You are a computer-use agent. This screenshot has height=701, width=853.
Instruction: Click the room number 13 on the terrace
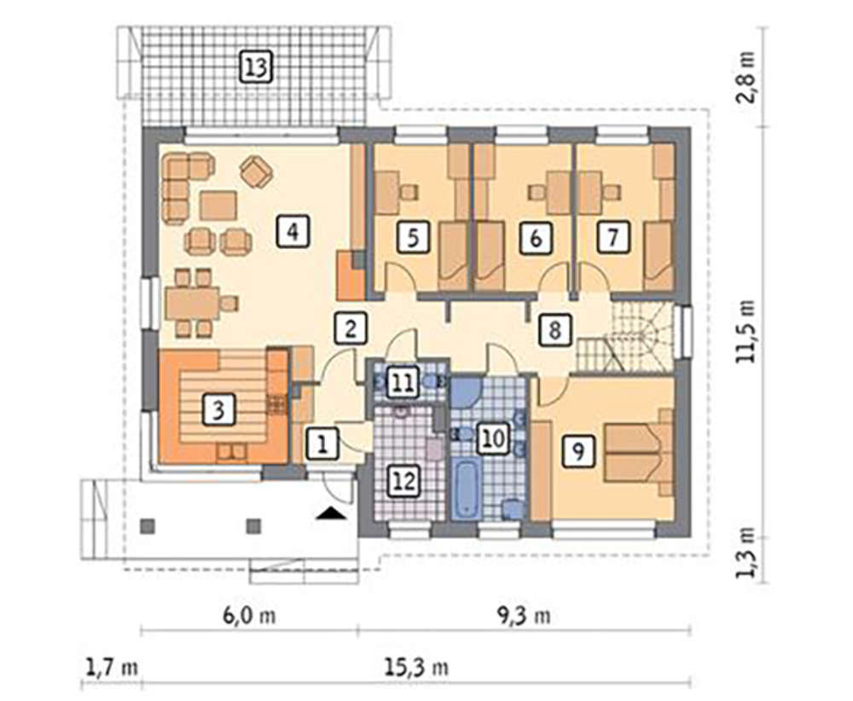tap(256, 68)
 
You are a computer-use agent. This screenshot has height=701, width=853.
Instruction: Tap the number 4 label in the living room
tap(293, 232)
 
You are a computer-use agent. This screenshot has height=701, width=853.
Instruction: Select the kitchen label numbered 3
tap(218, 409)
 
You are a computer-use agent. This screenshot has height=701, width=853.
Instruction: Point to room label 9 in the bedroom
tap(578, 450)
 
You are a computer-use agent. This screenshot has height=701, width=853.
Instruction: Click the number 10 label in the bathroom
tap(494, 438)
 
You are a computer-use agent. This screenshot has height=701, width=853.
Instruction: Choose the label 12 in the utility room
tap(404, 481)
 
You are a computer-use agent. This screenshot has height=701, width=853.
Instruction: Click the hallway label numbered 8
tap(555, 329)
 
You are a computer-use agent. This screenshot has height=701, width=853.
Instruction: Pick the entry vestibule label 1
tap(322, 445)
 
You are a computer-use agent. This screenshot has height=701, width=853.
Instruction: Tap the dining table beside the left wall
tap(193, 303)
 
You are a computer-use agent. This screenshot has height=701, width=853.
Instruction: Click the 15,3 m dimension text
tap(417, 667)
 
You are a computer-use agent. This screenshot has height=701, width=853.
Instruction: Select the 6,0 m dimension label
tap(249, 616)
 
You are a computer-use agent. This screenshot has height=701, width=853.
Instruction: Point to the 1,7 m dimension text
tap(112, 667)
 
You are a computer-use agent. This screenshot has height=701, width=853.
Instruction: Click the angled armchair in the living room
tap(256, 171)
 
